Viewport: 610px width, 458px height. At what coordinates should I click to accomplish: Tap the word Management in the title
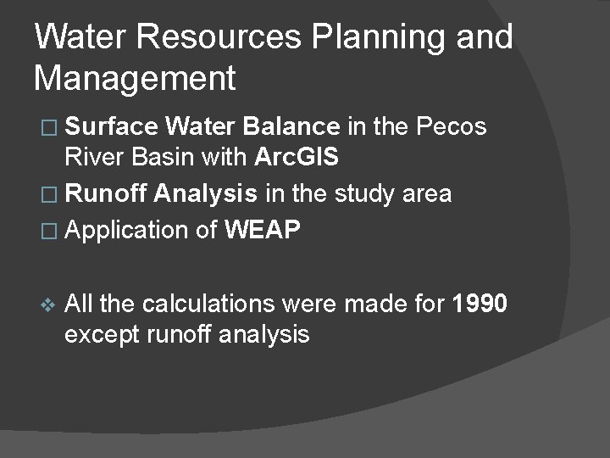135,79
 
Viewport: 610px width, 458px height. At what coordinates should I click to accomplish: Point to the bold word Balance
291,127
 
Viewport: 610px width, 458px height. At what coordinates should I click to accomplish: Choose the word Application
130,229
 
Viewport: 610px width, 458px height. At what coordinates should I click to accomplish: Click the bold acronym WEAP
263,229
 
